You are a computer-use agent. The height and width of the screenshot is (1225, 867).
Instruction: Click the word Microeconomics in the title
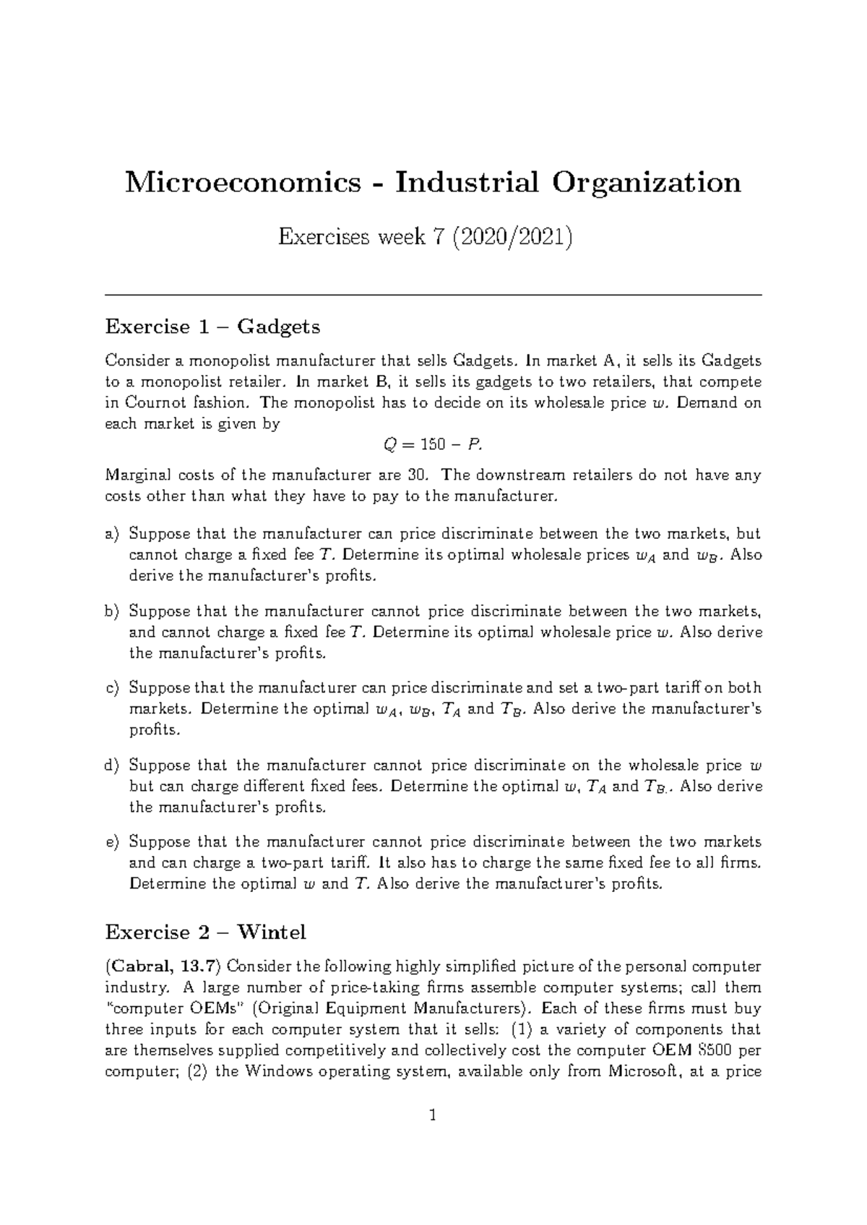(243, 182)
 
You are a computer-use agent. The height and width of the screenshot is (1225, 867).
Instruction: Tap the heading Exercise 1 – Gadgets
(212, 326)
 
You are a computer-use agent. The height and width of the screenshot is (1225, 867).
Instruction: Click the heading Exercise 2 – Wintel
(205, 932)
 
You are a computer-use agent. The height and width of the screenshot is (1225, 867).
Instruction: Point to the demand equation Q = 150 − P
(431, 445)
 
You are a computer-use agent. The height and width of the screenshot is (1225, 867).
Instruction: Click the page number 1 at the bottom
(433, 1136)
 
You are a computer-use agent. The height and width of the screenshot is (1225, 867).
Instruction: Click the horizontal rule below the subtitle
(433, 295)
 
